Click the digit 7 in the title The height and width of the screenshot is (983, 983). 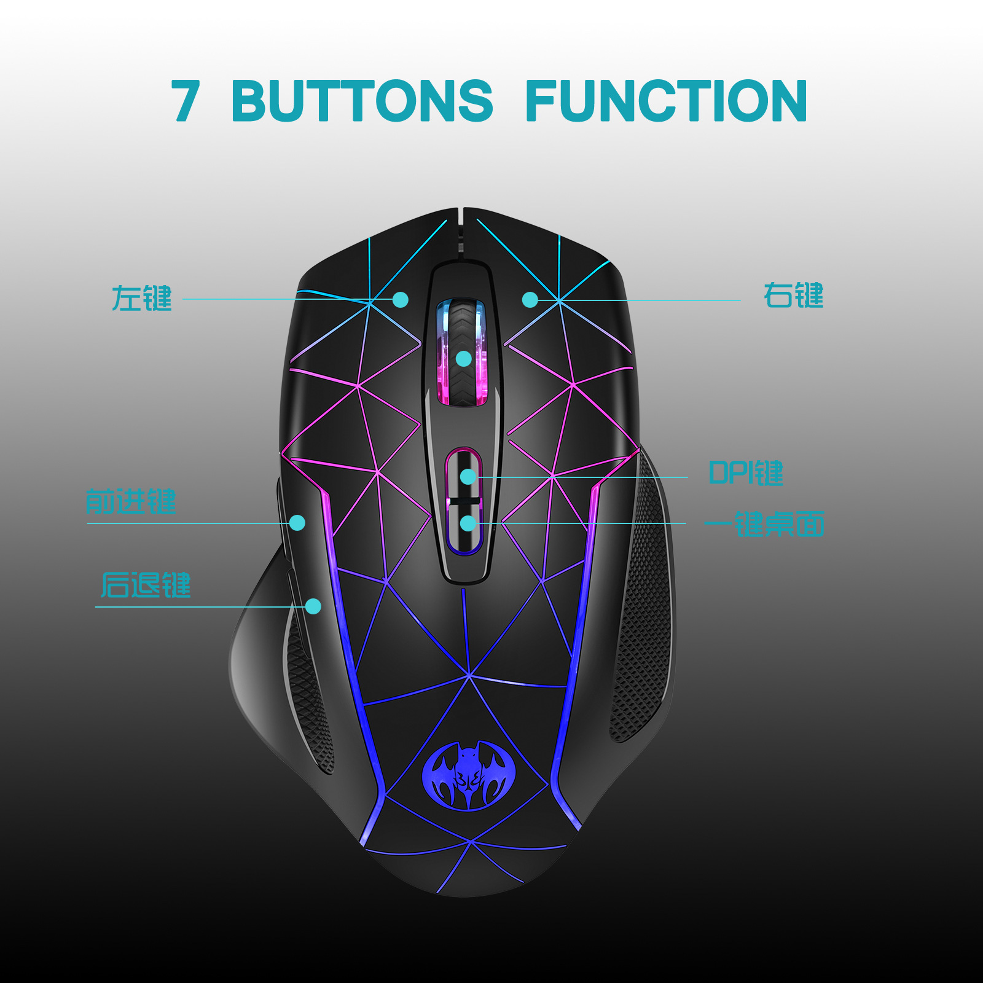[x=186, y=100]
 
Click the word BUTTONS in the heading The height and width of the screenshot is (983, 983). [x=362, y=100]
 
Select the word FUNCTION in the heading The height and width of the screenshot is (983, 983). [x=666, y=100]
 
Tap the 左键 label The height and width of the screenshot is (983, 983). [x=141, y=299]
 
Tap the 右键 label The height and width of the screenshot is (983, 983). [x=793, y=296]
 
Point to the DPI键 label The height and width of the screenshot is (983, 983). [x=746, y=473]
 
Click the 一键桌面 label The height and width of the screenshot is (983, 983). [x=764, y=524]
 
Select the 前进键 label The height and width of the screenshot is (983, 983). [x=131, y=501]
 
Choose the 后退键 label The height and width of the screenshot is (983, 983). [x=146, y=585]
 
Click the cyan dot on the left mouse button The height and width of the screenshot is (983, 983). [x=400, y=300]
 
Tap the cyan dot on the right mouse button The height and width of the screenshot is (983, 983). [x=530, y=300]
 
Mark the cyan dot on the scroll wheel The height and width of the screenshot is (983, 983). [x=464, y=359]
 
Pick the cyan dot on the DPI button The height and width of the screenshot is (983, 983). [x=468, y=476]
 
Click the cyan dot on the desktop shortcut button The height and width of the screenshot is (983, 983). [x=468, y=523]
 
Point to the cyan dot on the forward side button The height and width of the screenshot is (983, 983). [x=297, y=523]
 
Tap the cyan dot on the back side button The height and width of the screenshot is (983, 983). [x=313, y=606]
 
